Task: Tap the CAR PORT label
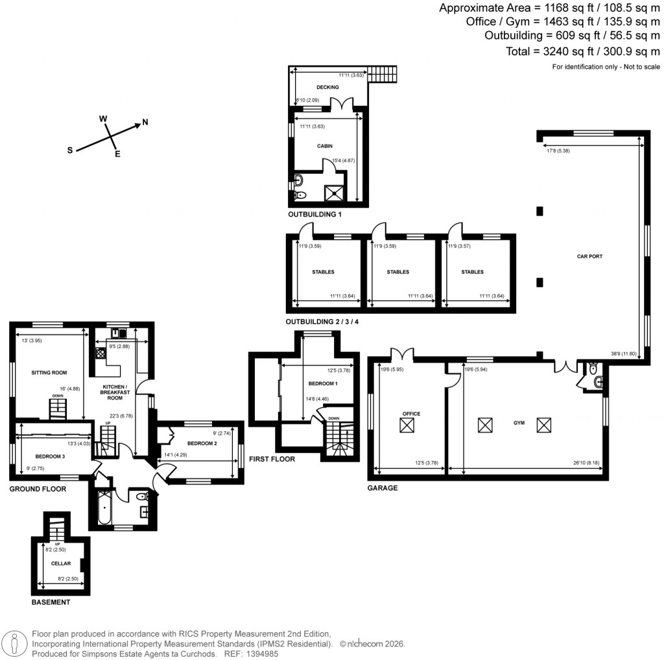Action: (x=589, y=257)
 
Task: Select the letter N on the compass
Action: (x=145, y=122)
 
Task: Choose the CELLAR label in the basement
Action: (x=60, y=563)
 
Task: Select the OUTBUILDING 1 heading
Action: (x=314, y=214)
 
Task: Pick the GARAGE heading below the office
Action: (x=382, y=488)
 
